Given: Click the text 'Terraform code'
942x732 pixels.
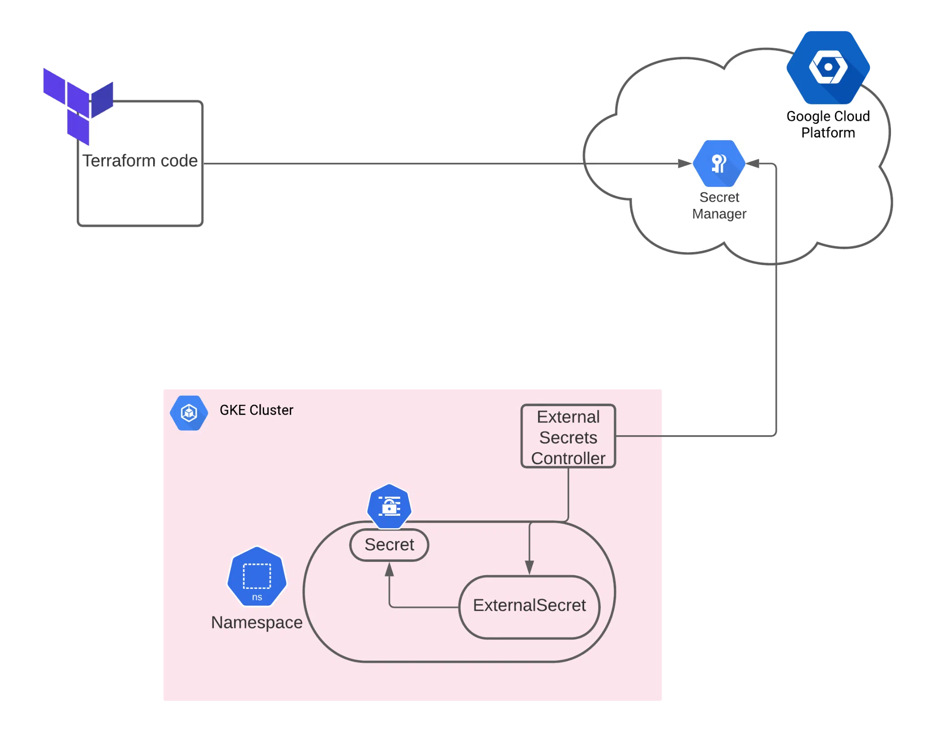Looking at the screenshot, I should [140, 161].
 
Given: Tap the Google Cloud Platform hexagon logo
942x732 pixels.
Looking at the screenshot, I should [828, 67].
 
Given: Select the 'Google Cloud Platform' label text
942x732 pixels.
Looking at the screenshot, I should [828, 124].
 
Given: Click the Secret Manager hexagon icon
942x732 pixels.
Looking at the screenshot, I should [719, 163].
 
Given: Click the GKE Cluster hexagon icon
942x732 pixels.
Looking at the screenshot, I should [189, 413].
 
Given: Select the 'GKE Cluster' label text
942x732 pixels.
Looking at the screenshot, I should [256, 410].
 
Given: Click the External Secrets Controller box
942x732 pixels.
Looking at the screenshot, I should [568, 436].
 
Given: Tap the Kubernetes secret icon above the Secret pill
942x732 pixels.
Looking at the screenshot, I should [389, 506].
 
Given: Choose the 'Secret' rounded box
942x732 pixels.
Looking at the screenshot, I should [389, 545].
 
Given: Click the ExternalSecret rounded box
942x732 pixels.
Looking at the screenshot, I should [529, 606].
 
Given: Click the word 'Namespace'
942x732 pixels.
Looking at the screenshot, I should [257, 622].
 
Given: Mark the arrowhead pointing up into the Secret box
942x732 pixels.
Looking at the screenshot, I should [389, 570].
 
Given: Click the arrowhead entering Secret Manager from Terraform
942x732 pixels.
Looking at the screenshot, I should [685, 163].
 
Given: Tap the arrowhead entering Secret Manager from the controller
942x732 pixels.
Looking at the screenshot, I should [752, 163].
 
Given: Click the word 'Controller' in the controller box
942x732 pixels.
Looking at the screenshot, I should [568, 458].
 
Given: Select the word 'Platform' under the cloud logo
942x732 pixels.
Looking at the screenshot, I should [828, 133].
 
